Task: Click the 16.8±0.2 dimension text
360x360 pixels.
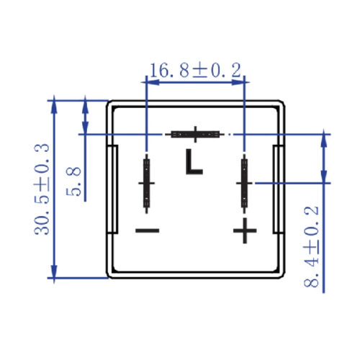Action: [x=195, y=70]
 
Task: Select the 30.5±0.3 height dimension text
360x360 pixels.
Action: [x=42, y=189]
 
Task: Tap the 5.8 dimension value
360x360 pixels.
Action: [x=73, y=181]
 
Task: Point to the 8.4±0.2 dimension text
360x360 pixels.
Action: [x=311, y=247]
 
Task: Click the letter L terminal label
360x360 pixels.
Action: [x=194, y=161]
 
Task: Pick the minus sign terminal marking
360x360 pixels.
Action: [x=148, y=230]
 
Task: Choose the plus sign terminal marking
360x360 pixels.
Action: [x=245, y=230]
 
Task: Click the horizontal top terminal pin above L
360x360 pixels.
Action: [x=195, y=134]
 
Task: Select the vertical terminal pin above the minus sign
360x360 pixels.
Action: [x=147, y=184]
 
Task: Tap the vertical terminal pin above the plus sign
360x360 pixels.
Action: [x=244, y=184]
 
